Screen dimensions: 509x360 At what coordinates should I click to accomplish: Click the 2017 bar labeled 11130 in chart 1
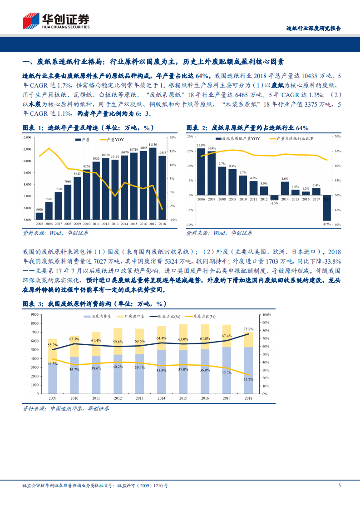(x=153, y=183)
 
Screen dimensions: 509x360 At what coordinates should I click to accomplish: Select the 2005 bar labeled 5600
(x=39, y=216)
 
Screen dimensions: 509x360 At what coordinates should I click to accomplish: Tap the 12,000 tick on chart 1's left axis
(x=26, y=137)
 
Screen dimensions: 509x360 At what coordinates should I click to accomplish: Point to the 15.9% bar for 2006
(x=201, y=171)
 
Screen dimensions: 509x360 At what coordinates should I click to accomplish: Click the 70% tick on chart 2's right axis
(x=337, y=137)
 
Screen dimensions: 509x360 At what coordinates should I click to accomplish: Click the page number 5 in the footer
(x=339, y=485)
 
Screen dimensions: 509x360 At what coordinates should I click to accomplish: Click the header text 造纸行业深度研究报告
(x=313, y=28)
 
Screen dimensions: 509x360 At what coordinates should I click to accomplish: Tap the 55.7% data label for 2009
(x=53, y=345)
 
